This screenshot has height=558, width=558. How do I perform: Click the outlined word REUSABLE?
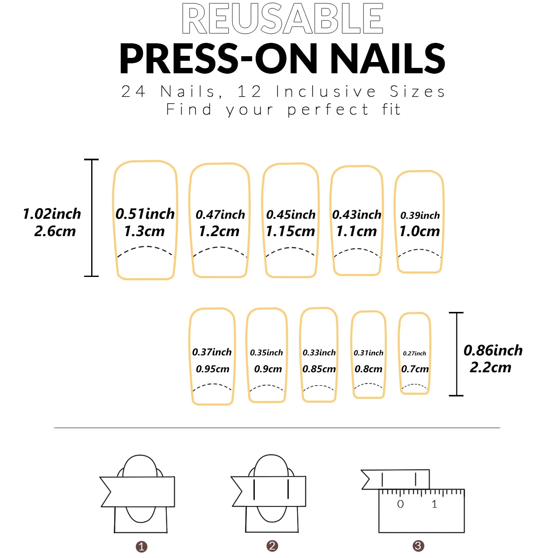283,19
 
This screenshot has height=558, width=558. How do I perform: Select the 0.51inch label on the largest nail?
145,214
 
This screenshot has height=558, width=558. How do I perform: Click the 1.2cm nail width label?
219,231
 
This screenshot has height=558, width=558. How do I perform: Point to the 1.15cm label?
290,231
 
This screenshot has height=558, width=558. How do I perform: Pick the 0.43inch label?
357,214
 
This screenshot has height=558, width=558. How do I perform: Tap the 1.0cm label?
420,231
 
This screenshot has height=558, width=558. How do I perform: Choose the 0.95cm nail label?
212,369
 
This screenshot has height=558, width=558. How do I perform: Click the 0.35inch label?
267,353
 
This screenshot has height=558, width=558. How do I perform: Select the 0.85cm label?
319,369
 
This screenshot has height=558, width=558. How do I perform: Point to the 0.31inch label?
369,353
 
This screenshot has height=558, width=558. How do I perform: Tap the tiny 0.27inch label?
414,353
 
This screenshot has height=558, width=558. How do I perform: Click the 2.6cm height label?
55,232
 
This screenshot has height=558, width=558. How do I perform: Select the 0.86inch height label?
493,350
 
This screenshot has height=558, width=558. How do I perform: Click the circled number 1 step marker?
142,547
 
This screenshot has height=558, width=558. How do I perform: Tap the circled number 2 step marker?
272,546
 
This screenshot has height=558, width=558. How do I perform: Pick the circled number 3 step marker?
418,546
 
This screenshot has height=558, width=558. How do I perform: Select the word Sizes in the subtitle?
417,92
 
